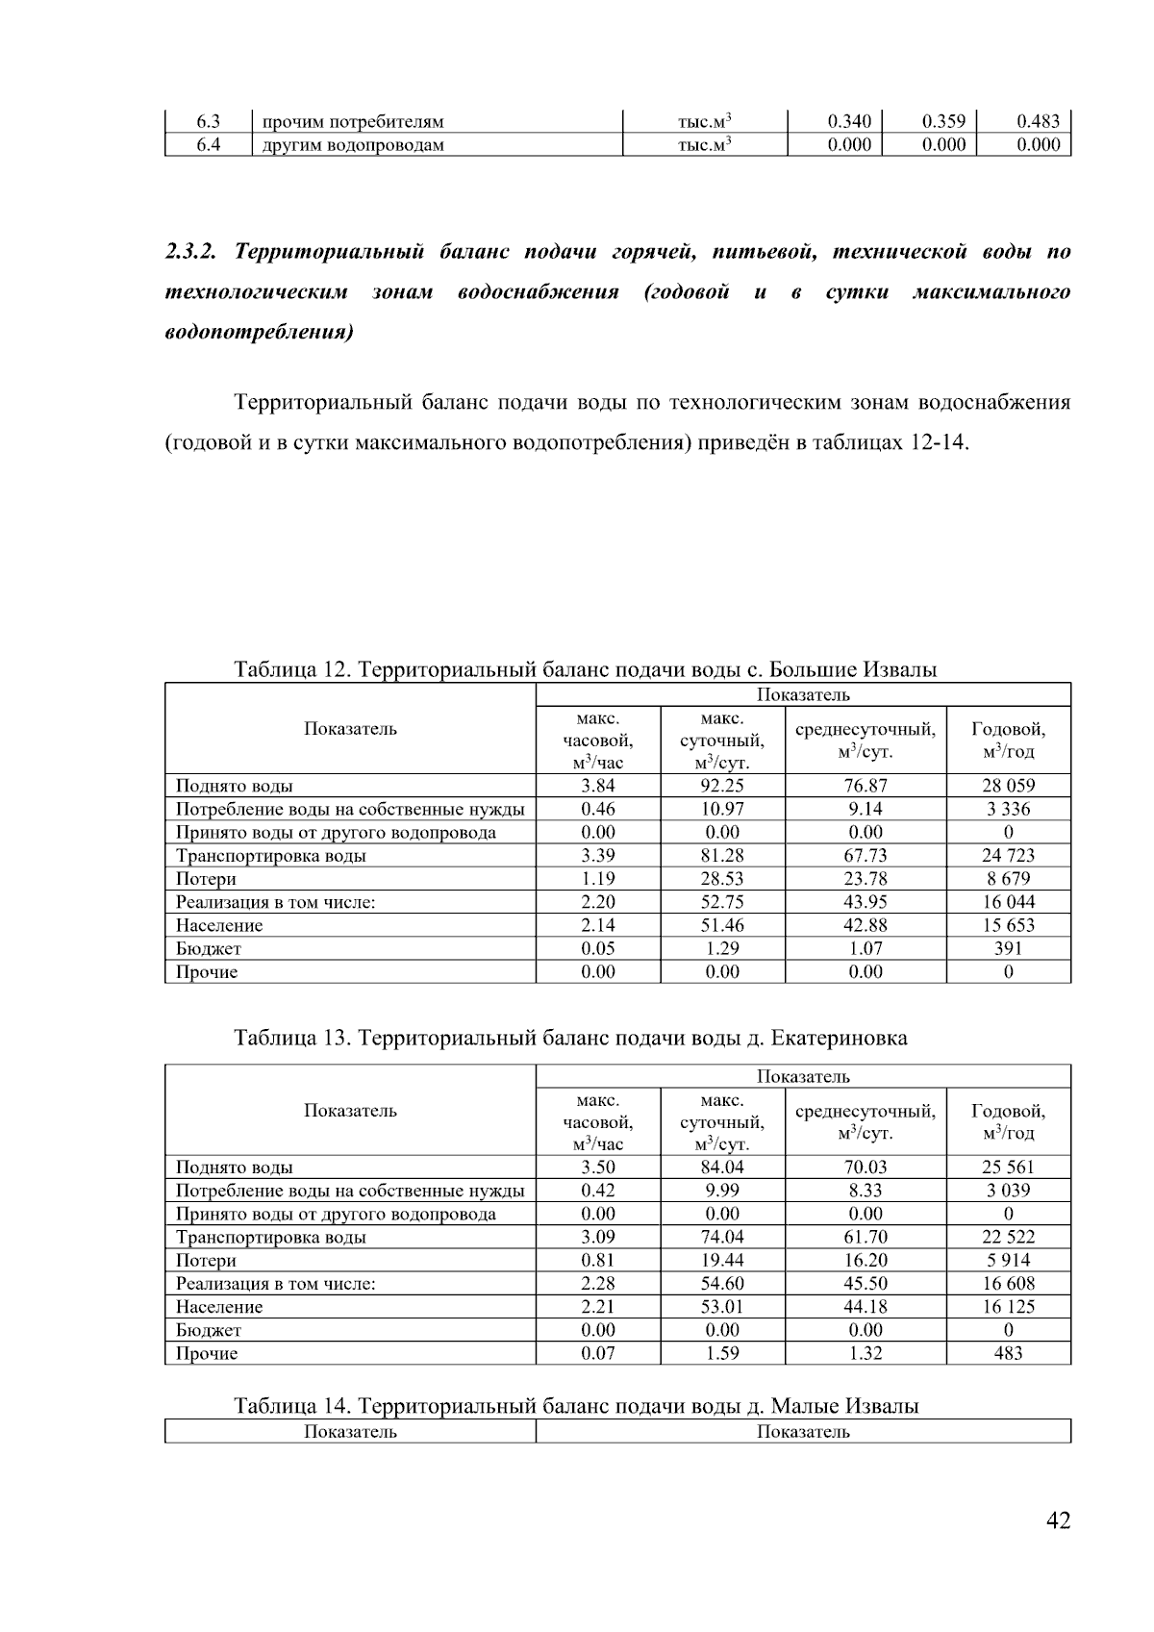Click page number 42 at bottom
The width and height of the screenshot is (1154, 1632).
coord(1057,1520)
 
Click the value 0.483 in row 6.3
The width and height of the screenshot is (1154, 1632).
coord(1038,121)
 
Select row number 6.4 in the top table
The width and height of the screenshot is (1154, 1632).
coord(209,144)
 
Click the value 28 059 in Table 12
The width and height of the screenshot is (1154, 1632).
coord(1008,786)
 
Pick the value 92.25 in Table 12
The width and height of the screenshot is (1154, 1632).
coord(722,786)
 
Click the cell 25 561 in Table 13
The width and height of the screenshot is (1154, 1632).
coord(1008,1168)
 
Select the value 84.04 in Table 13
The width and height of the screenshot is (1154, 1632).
coord(722,1168)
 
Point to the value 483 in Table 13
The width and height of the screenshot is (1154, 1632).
coord(1008,1353)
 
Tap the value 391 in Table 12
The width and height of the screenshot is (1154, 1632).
coord(1008,948)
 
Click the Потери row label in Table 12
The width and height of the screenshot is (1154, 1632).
coord(206,879)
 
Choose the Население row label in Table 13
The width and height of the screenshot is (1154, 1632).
coord(219,1307)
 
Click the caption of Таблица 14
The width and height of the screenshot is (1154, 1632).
coord(576,1406)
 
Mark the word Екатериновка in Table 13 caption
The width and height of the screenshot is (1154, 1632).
coord(840,1039)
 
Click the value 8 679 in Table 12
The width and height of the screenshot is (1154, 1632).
coord(1008,879)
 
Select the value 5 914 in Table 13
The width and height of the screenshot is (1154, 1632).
coord(1008,1261)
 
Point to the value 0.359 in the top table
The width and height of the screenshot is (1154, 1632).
coord(942,121)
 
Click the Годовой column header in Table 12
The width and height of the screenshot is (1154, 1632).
coord(1008,740)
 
